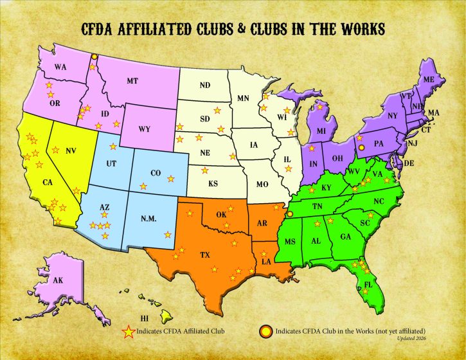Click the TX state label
pyautogui.click(x=205, y=255)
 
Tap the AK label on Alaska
pyautogui.click(x=58, y=280)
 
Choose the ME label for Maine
pyautogui.click(x=430, y=79)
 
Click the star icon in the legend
pyautogui.click(x=129, y=332)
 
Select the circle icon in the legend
pyautogui.click(x=264, y=332)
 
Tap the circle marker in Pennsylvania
pyautogui.click(x=361, y=147)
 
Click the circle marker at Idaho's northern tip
pyautogui.click(x=94, y=57)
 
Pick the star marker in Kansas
pyautogui.click(x=206, y=170)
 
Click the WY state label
pyautogui.click(x=145, y=129)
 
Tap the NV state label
pyautogui.click(x=71, y=150)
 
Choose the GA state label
pyautogui.click(x=346, y=237)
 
